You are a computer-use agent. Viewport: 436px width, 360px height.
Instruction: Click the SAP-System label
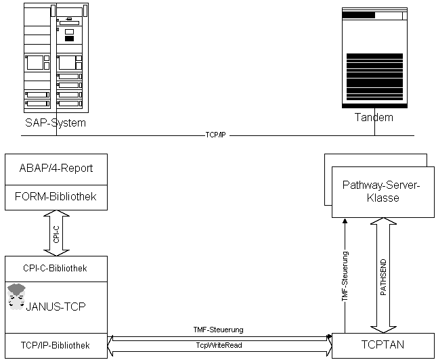click(x=56, y=122)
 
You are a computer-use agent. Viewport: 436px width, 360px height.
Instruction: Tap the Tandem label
click(x=373, y=117)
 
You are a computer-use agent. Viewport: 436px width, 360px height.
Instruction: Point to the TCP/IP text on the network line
click(x=215, y=135)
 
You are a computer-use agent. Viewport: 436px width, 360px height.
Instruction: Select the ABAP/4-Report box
click(x=56, y=169)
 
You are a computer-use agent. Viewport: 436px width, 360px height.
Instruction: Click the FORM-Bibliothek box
click(x=56, y=196)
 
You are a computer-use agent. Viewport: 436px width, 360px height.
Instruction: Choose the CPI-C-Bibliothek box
click(x=56, y=268)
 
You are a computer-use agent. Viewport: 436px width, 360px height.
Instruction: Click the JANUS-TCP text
click(x=56, y=306)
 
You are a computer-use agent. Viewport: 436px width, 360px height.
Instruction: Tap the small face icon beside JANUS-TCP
click(x=16, y=296)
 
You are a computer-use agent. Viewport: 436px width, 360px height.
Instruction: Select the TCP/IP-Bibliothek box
click(x=56, y=345)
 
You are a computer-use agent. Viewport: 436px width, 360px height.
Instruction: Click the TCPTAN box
click(x=382, y=345)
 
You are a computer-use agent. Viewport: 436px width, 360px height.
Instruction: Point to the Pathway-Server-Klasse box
click(x=382, y=192)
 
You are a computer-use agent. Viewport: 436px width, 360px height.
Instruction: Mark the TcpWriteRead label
click(x=219, y=344)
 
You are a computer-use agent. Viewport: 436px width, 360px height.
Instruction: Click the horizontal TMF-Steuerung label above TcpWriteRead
click(x=219, y=330)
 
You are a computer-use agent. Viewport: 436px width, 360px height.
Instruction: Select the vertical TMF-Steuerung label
click(x=345, y=276)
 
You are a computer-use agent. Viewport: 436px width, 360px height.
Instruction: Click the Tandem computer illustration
click(x=374, y=58)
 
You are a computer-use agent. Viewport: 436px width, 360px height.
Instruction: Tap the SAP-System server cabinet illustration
click(x=56, y=58)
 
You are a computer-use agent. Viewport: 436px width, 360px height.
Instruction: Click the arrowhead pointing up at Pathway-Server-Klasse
click(x=345, y=221)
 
